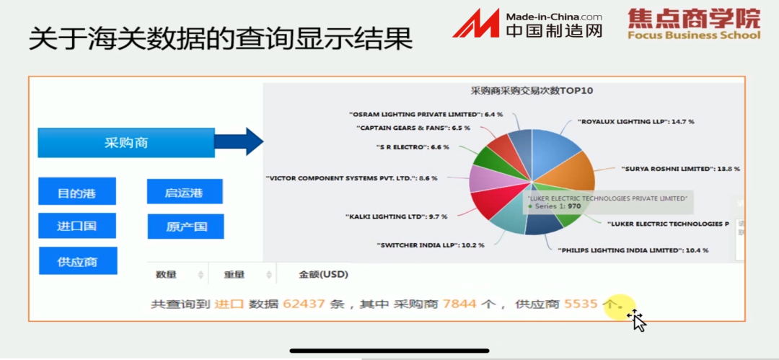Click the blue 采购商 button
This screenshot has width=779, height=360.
(x=126, y=143)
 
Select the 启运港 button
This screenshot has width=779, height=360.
(x=184, y=193)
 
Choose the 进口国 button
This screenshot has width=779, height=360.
(x=76, y=226)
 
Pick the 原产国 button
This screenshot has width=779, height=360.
(x=185, y=227)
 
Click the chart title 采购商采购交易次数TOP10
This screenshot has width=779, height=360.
(x=532, y=91)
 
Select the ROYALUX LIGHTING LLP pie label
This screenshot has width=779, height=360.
(x=635, y=122)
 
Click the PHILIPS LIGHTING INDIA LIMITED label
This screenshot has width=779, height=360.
(x=633, y=250)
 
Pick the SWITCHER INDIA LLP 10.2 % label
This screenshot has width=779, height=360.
(x=430, y=245)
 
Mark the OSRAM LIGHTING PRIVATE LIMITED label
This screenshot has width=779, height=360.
(x=426, y=114)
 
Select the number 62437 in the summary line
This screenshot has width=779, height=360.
(x=304, y=304)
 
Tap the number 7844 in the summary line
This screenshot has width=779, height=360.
(x=459, y=304)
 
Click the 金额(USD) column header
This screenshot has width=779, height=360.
(x=323, y=274)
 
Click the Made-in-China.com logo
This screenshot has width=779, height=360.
(x=527, y=24)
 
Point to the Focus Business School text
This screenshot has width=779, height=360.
(x=693, y=35)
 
